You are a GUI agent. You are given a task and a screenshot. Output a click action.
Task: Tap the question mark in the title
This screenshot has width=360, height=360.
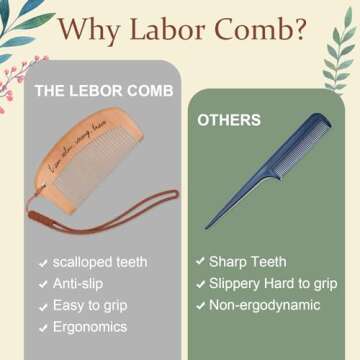299,33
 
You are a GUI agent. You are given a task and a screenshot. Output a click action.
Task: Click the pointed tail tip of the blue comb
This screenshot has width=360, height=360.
207,226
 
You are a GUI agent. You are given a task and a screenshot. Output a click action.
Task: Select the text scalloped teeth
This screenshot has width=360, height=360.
100,263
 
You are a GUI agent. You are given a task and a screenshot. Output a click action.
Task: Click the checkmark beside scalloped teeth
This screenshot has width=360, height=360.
43,264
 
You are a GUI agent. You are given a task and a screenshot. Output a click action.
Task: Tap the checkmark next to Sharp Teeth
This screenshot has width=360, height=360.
200,263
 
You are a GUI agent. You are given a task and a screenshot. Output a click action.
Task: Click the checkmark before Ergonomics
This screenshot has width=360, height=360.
43,328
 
